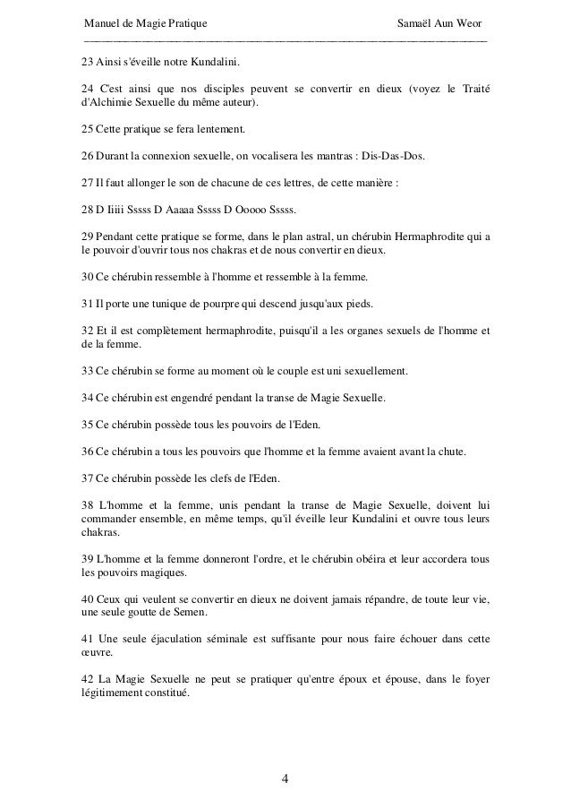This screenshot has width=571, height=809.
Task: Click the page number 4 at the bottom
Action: (285, 777)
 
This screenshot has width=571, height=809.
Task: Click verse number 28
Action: (87, 211)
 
